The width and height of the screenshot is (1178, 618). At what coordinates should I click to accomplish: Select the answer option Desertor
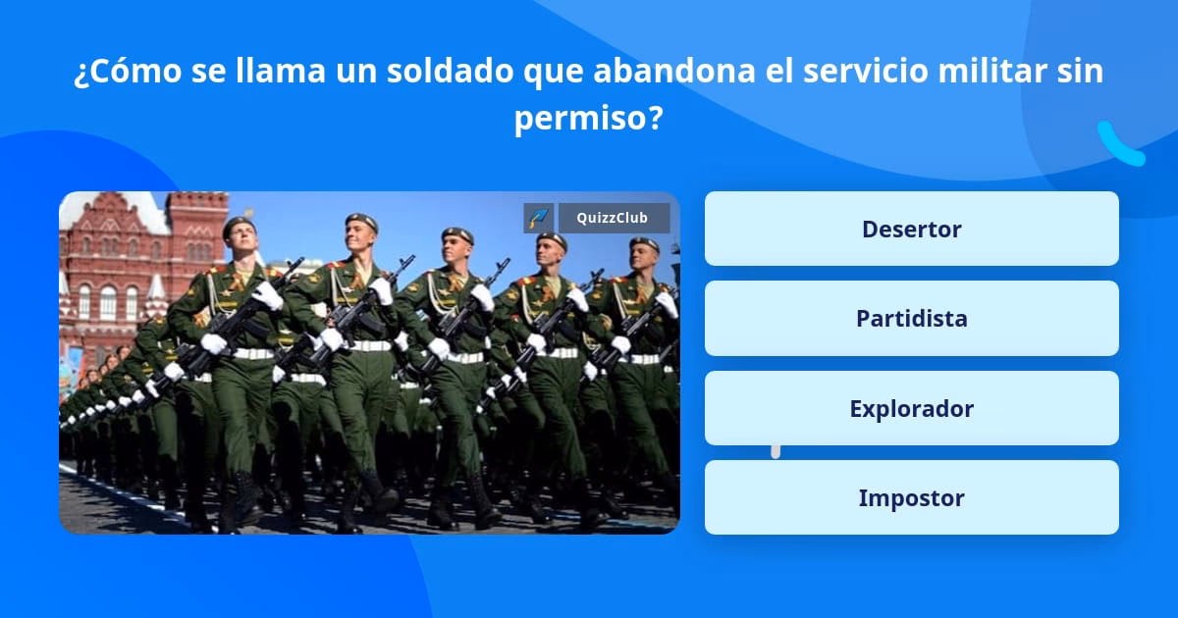911,229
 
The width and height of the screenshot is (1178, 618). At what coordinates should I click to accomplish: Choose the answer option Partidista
911,319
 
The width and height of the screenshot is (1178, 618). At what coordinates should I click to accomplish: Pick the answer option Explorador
911,408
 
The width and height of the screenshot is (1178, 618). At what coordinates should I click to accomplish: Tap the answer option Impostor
911,497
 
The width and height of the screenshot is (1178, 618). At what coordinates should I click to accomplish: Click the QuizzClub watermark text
614,218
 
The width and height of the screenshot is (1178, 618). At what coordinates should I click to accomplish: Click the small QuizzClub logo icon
539,218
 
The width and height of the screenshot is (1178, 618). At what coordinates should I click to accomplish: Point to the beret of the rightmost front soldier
644,242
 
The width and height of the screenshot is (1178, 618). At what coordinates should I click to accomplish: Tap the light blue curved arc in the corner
1119,145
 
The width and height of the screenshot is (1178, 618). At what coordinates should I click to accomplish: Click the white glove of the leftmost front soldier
213,343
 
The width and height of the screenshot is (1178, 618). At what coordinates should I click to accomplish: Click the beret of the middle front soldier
456,235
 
